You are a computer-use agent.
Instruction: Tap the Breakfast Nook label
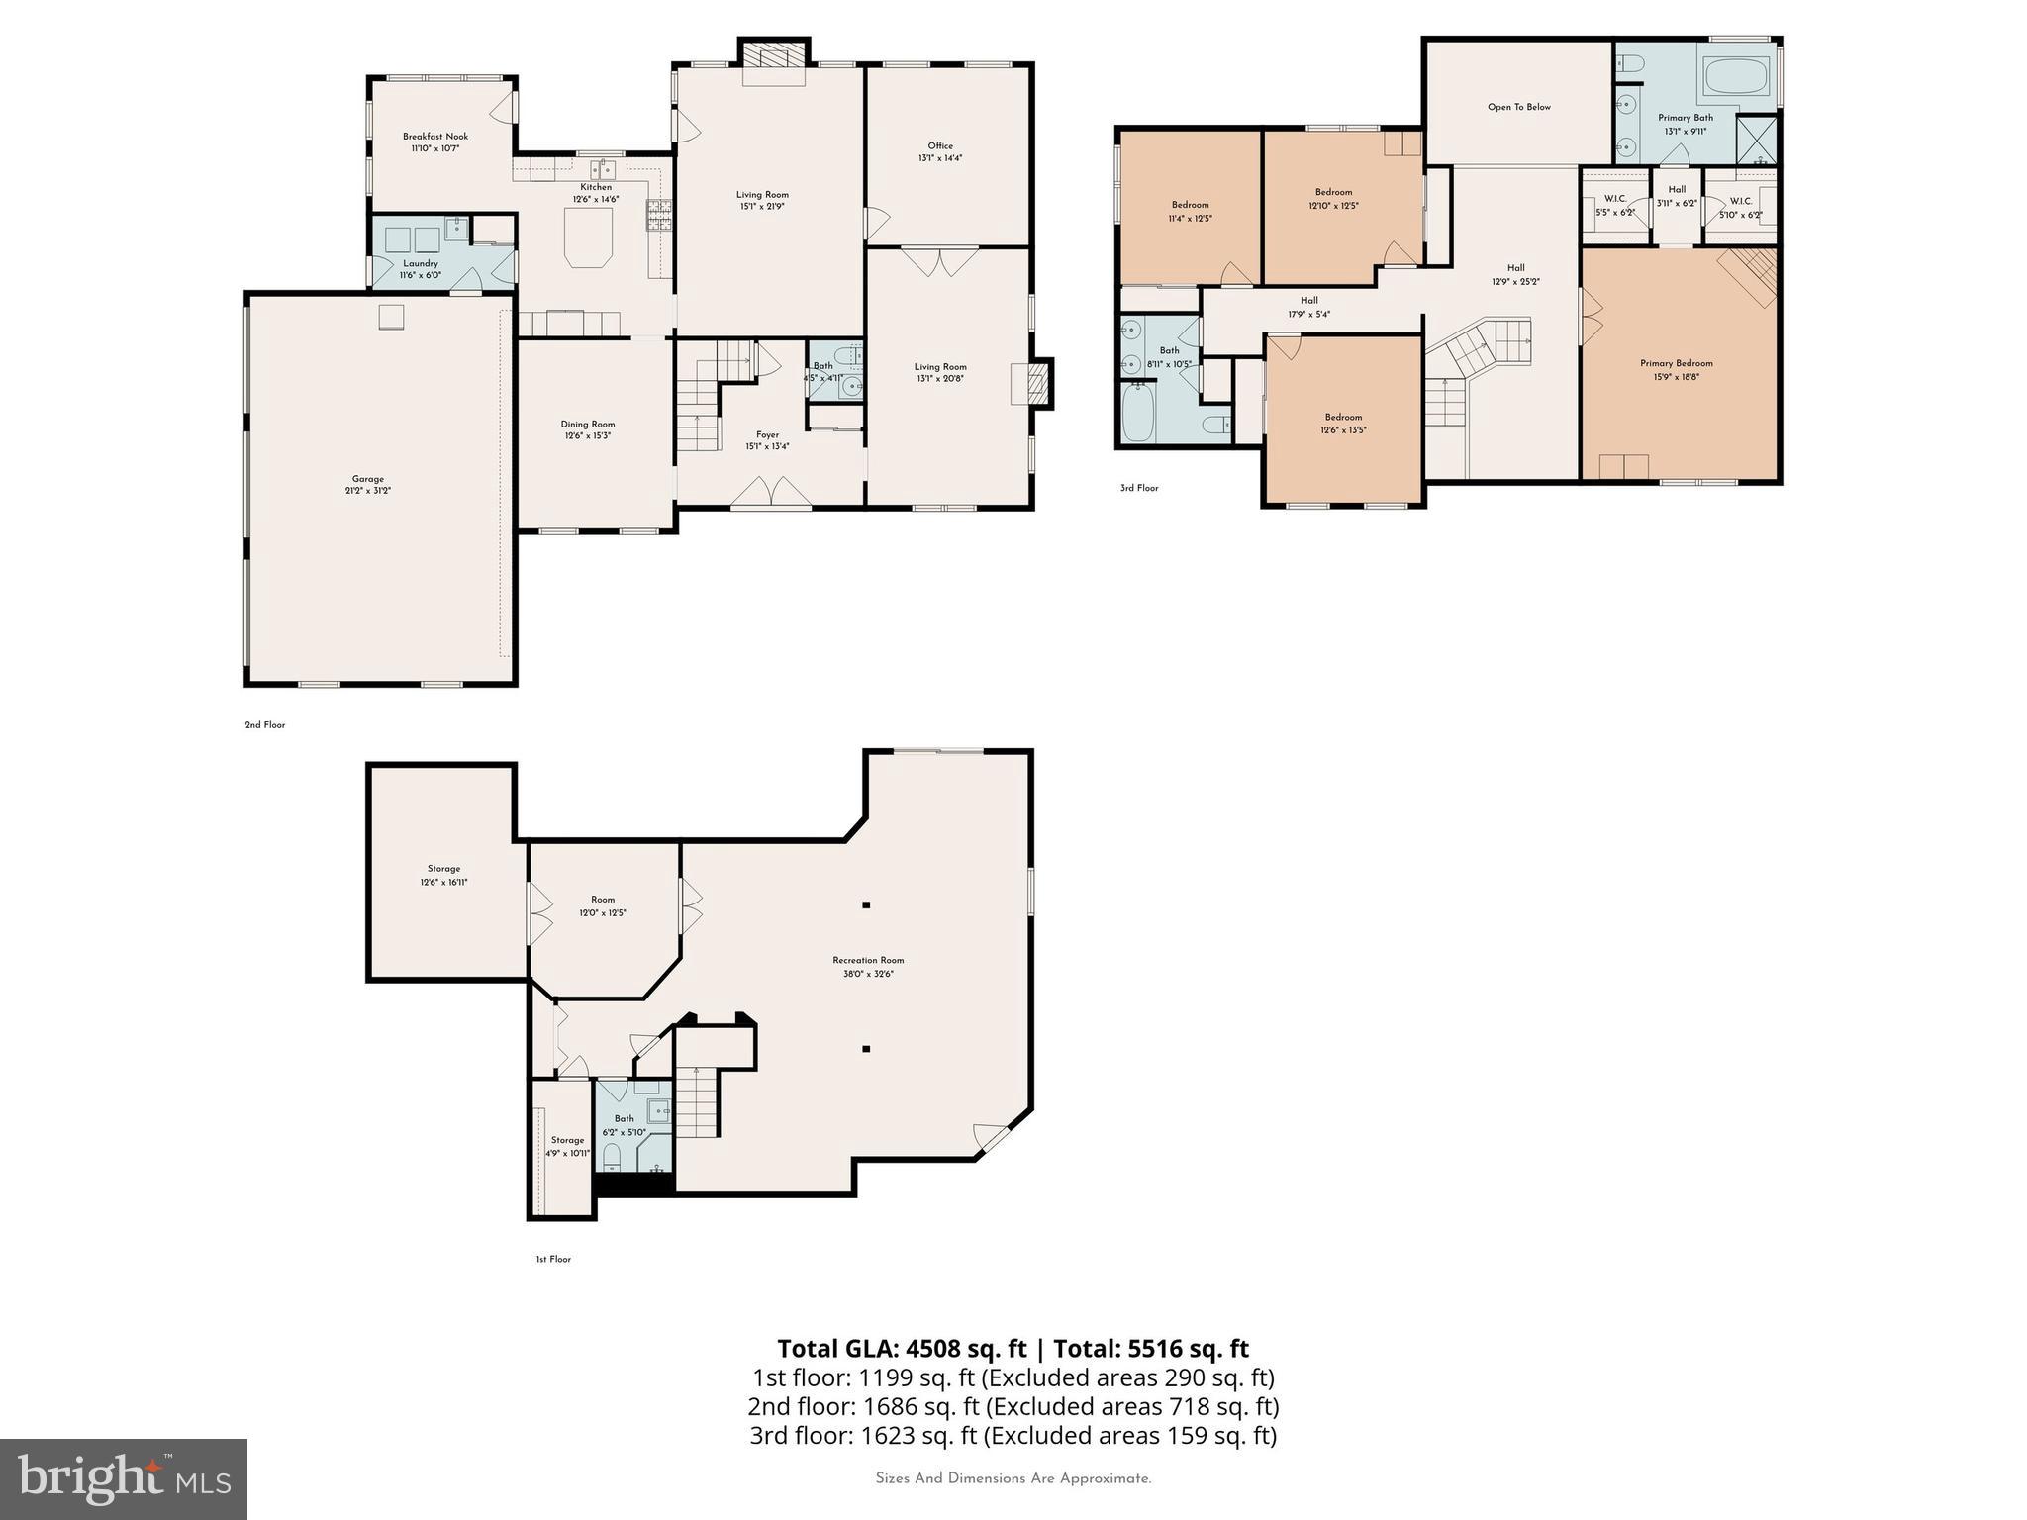coord(435,142)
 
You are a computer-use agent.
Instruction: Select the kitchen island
coord(589,241)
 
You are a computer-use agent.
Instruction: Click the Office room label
coord(940,151)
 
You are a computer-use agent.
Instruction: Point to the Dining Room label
coord(588,429)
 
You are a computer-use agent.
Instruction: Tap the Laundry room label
coord(421,269)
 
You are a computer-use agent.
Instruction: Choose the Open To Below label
coord(1518,107)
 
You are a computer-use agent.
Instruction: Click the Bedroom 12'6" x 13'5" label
coord(1343,424)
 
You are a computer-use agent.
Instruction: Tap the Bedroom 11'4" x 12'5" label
coord(1190,211)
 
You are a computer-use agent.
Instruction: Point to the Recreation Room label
coord(868,966)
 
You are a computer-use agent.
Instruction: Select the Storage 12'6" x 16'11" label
coord(443,875)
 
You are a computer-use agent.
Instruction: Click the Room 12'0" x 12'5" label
coord(603,905)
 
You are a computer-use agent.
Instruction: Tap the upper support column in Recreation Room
coord(866,904)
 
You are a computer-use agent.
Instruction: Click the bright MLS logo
coord(124,1478)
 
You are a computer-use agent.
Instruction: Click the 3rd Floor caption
coord(1139,488)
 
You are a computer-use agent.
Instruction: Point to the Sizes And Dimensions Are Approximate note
coord(1013,1478)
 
